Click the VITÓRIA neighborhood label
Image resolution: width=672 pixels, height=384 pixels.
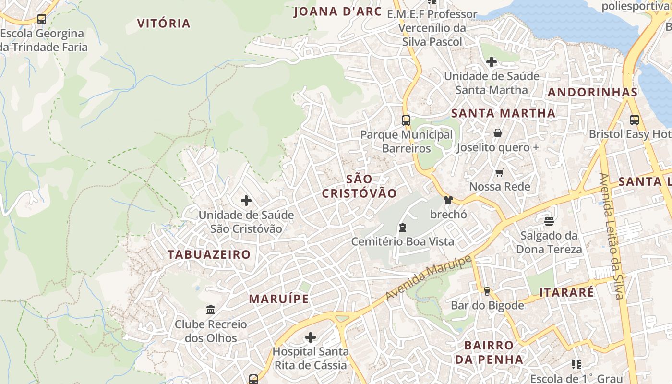pos(164,23)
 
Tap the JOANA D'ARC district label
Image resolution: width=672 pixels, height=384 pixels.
pos(337,12)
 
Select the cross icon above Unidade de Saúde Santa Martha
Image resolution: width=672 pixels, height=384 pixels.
pos(491,62)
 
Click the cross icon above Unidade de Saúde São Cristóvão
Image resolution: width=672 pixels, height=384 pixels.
pos(246,201)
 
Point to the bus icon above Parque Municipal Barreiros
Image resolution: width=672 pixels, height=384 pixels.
pos(406,120)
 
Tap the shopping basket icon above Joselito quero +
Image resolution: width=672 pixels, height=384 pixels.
pos(497,133)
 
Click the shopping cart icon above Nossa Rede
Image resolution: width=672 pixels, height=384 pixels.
pos(500,172)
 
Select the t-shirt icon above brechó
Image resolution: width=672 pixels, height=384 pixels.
pos(448,200)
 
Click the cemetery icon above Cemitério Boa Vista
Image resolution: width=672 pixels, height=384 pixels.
pos(402,228)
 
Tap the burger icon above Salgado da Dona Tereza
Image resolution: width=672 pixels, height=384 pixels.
pos(549,221)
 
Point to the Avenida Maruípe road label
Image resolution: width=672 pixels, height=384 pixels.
pos(428,279)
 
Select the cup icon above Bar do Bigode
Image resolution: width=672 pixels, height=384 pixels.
pos(487,291)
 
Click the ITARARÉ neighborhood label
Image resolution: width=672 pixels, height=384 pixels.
pos(567,292)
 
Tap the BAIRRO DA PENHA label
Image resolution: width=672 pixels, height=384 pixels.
pos(489,352)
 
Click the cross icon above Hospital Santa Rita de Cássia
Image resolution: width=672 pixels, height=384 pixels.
pos(311,337)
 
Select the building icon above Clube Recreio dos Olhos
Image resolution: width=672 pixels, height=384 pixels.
pos(210,310)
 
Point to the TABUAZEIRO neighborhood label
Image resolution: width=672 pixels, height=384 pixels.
pos(209,254)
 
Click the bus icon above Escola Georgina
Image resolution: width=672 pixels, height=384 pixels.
pos(42,19)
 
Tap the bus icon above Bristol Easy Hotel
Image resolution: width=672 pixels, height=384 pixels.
pos(634,120)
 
